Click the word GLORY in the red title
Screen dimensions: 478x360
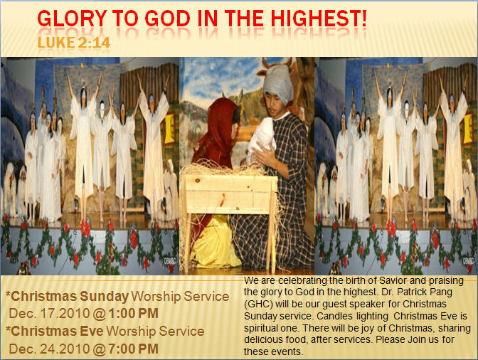point(72,18)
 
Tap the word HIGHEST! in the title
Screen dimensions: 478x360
point(319,18)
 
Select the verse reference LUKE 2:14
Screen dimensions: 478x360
point(73,43)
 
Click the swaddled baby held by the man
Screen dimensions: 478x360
point(262,137)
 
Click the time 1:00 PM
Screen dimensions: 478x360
point(134,313)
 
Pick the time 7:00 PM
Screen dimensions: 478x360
point(134,349)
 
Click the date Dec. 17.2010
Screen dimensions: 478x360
point(49,313)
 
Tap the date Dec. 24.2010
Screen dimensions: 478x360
point(49,349)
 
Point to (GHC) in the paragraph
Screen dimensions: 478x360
point(257,304)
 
